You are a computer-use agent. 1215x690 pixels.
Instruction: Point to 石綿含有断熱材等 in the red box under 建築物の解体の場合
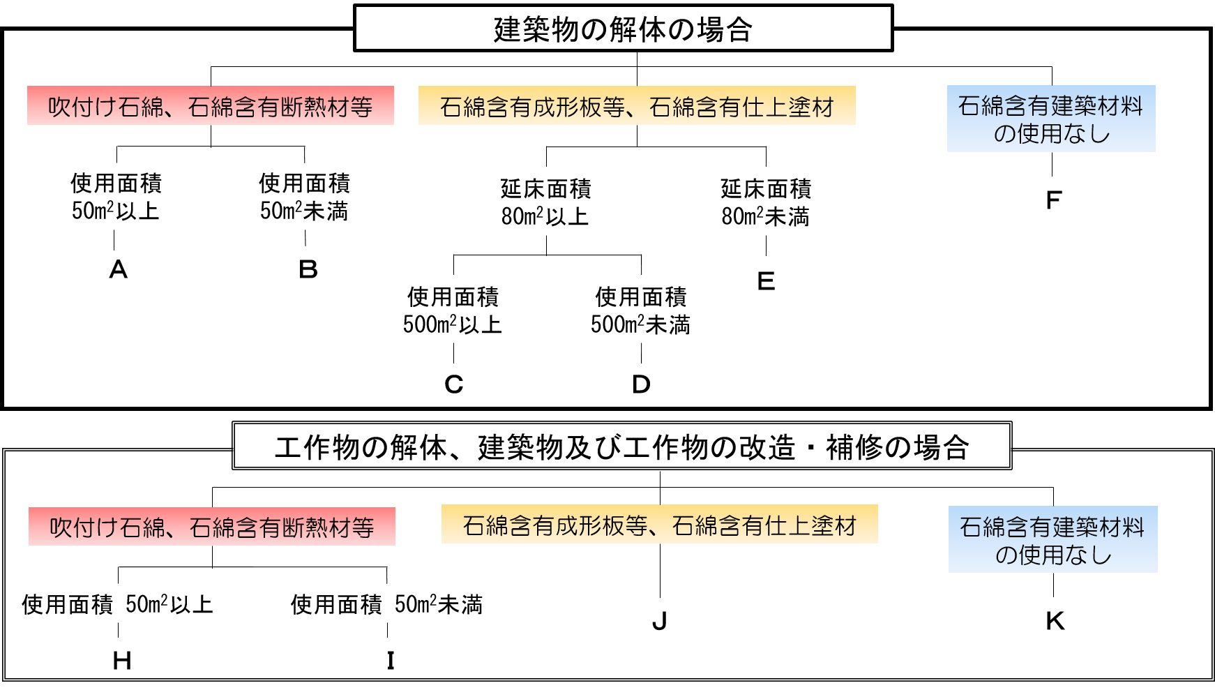point(280,107)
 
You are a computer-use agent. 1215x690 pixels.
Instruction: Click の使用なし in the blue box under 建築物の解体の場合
point(1051,133)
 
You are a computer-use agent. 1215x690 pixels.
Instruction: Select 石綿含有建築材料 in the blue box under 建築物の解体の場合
point(1051,106)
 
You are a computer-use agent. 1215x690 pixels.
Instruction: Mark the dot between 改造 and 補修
point(811,447)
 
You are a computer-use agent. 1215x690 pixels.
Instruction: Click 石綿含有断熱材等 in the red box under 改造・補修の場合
point(281,527)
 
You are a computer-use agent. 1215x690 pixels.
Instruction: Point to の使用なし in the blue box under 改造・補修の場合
point(1052,555)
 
